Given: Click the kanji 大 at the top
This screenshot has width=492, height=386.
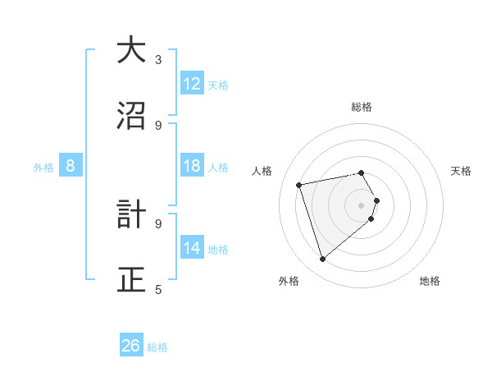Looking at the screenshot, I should (x=131, y=50).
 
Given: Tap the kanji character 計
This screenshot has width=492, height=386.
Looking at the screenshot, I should (x=131, y=214).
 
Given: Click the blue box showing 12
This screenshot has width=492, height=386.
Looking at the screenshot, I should (x=191, y=84).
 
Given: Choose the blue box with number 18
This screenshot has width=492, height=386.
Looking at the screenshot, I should (x=191, y=166).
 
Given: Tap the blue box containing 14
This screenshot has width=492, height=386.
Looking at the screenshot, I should (x=191, y=248).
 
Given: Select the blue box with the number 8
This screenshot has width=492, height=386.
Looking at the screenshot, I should (x=71, y=166).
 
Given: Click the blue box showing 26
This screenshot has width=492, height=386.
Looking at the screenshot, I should (x=130, y=346).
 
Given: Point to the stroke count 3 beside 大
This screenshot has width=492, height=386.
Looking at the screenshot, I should (x=158, y=59).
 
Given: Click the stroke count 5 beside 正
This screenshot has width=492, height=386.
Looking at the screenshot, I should (x=158, y=289).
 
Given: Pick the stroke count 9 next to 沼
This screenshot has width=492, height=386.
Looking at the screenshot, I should (x=158, y=125).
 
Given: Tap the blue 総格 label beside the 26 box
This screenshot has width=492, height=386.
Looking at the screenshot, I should (x=157, y=347).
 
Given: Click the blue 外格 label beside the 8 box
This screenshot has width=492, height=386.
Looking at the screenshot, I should (x=43, y=168).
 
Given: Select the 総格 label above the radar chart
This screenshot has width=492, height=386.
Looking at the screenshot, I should (x=361, y=107).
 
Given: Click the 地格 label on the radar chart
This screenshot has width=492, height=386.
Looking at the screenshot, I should (x=430, y=282).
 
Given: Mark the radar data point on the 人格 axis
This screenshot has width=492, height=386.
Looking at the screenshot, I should (x=299, y=184).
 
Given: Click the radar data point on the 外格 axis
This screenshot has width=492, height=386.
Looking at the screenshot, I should (x=322, y=260).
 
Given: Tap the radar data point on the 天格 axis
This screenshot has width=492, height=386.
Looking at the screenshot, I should (x=376, y=200).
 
